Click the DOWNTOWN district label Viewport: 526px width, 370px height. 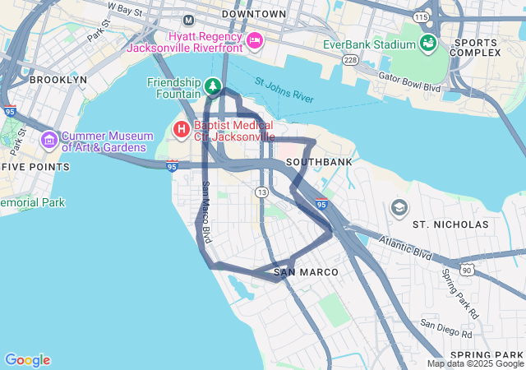point(254,14)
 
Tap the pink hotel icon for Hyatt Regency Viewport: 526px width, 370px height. point(255,39)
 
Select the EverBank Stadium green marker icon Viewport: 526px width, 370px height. point(427,43)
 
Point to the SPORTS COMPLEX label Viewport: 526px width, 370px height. point(477,47)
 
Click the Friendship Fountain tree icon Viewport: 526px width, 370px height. point(213,86)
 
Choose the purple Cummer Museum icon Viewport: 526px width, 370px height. point(48,141)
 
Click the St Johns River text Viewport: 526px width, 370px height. point(284,91)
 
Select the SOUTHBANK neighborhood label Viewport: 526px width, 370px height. point(319,162)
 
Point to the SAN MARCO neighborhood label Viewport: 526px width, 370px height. point(302,271)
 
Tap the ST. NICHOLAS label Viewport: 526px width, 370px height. point(450,224)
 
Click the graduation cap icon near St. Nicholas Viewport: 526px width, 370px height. point(399,206)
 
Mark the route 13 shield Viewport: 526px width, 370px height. point(261,192)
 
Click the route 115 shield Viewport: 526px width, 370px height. point(422,16)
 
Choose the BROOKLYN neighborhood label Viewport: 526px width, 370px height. point(58,80)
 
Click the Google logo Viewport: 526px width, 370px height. point(27,359)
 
